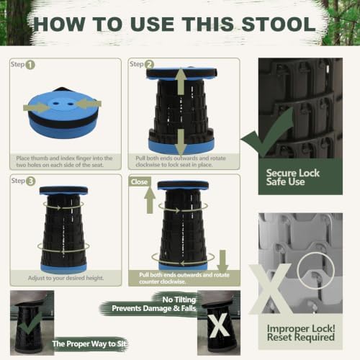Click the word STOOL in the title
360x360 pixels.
(x=279, y=24)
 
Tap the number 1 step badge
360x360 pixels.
(x=30, y=65)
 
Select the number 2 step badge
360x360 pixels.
(x=149, y=65)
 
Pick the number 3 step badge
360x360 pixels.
(x=30, y=181)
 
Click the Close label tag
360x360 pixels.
(x=140, y=182)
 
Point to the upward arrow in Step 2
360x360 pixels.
(x=181, y=81)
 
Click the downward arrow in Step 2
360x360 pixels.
(x=181, y=142)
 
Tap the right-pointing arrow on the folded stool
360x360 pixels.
(x=37, y=107)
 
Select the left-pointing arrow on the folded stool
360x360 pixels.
(x=89, y=104)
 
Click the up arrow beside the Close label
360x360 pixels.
(x=150, y=201)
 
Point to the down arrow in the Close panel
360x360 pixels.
(x=222, y=261)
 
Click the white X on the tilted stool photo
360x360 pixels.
(x=218, y=325)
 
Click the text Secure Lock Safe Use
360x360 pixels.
(x=293, y=177)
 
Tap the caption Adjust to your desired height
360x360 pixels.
(x=66, y=278)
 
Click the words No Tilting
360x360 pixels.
(x=179, y=300)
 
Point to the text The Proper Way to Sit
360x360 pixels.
(x=89, y=343)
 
